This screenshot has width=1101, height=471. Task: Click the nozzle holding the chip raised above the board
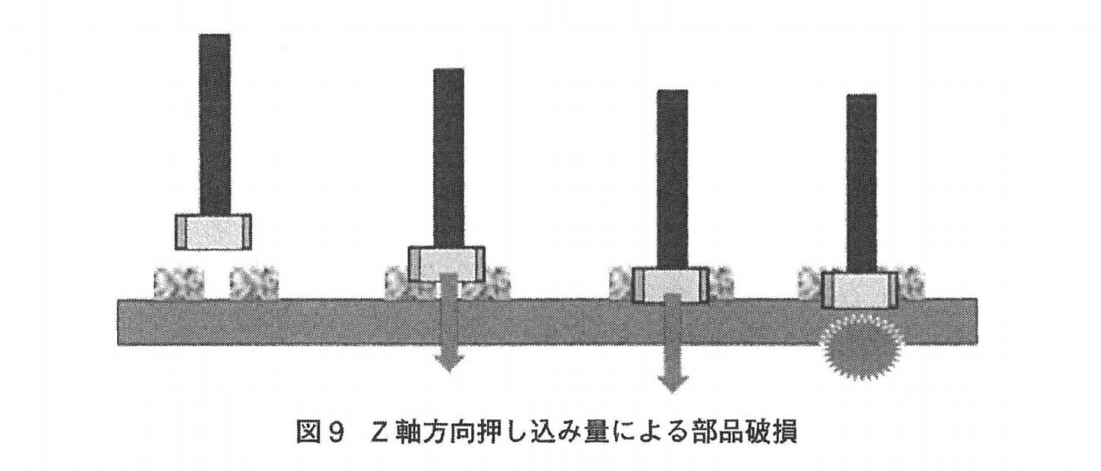215,122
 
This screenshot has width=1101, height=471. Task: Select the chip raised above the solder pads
214,232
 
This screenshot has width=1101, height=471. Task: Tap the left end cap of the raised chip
182,232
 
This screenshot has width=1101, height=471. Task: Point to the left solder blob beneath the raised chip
172,284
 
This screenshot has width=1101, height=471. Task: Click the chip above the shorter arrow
447,261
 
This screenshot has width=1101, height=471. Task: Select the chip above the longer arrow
671,284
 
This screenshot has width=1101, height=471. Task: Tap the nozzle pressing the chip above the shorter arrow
449,157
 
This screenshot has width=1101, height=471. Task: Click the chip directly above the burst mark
860,289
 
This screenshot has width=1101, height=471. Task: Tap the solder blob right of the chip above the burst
910,284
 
